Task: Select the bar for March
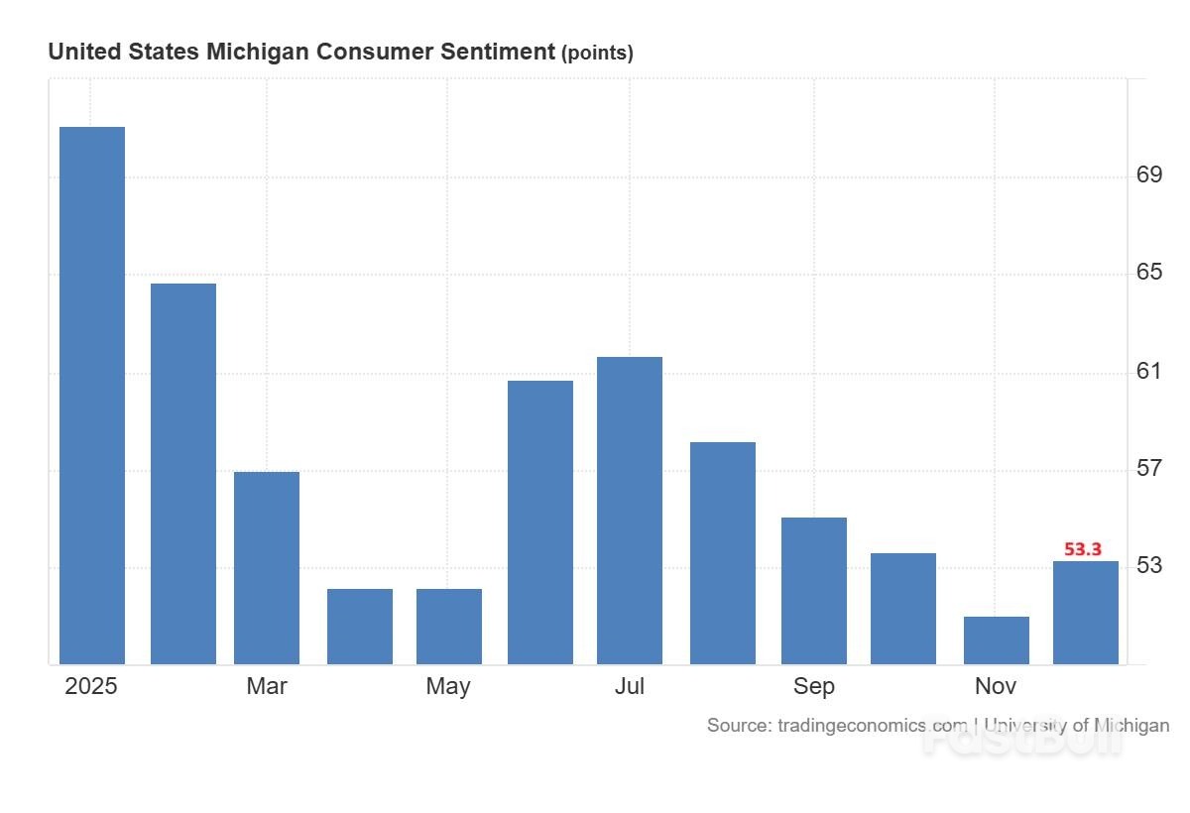click(267, 567)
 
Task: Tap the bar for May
click(449, 626)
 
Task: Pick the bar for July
click(630, 510)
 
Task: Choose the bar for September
click(814, 590)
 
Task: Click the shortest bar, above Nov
click(997, 639)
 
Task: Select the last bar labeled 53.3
click(1086, 612)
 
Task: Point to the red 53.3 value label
click(1083, 549)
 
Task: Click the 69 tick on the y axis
click(1149, 175)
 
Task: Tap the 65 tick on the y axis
click(1149, 272)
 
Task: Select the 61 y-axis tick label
click(1149, 371)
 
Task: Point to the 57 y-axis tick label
click(1149, 467)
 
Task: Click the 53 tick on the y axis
click(1149, 566)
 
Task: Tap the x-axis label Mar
click(267, 686)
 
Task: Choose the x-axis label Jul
click(630, 686)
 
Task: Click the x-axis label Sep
click(814, 686)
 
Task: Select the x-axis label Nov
click(996, 686)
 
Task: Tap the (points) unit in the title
click(597, 54)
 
